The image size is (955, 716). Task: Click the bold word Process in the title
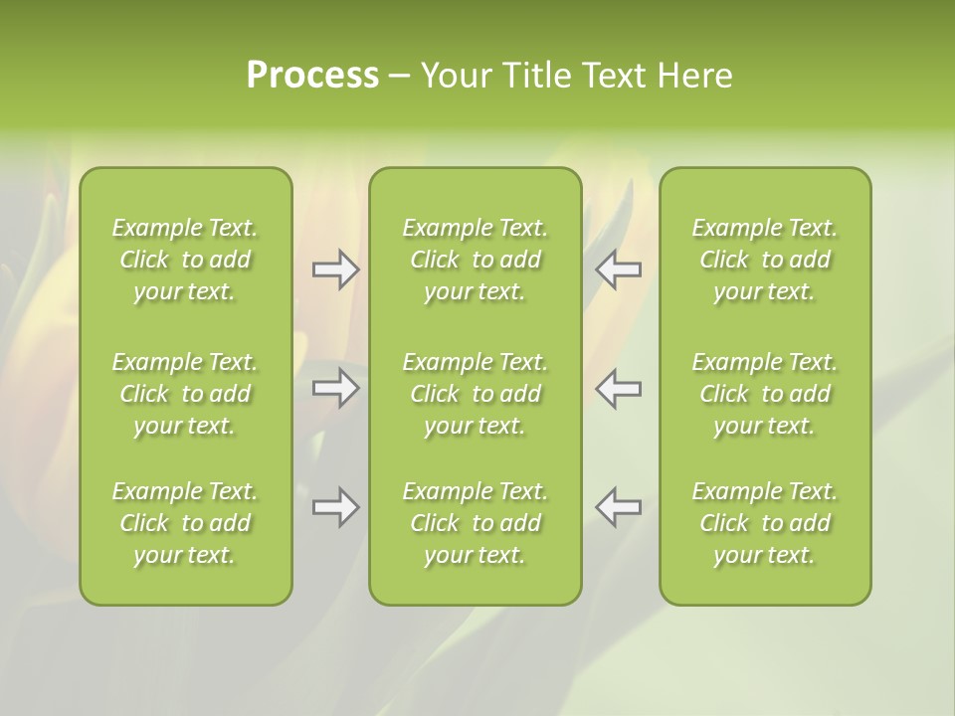312,76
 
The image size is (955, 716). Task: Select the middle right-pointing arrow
335,388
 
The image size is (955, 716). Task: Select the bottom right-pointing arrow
335,507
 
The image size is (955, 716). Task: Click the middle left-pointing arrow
619,388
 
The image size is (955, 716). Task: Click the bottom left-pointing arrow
619,507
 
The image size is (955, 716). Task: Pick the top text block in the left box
185,260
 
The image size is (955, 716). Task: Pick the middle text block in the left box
185,394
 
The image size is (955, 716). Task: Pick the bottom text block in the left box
185,523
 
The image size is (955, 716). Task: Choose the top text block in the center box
475,260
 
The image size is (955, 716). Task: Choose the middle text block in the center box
475,394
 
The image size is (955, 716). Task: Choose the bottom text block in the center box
475,523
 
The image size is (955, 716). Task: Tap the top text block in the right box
764,260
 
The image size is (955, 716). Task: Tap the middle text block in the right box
764,394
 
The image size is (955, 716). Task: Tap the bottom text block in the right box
764,523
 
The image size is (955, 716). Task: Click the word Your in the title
454,76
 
